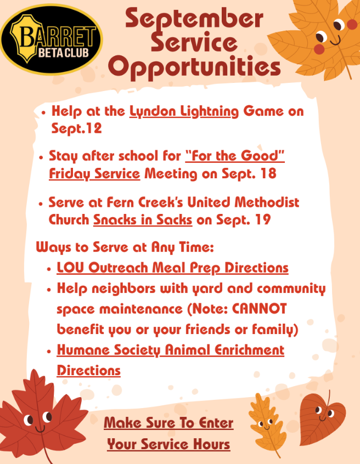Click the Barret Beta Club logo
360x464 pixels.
[x=51, y=39]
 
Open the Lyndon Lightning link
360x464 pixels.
[x=184, y=111]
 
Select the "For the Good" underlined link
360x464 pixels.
[x=235, y=156]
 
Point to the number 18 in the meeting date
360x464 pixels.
[x=268, y=173]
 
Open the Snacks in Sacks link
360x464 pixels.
[x=143, y=220]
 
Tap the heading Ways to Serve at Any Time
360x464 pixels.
[x=125, y=247]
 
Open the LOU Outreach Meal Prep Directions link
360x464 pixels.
[x=173, y=268]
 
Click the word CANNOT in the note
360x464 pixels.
[x=260, y=309]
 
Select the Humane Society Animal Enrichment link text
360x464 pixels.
[x=171, y=350]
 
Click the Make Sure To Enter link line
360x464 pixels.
[x=168, y=422]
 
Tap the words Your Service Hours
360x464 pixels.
[x=168, y=444]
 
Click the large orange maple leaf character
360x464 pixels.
[x=320, y=37]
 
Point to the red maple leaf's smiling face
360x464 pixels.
[x=38, y=420]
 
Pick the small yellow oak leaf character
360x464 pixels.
[x=267, y=424]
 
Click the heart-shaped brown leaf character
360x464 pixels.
[x=322, y=418]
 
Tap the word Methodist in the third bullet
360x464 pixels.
[x=267, y=202]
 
